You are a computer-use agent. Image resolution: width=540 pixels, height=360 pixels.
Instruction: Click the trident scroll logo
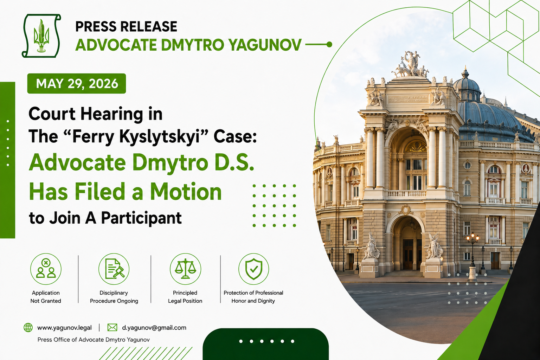(41, 36)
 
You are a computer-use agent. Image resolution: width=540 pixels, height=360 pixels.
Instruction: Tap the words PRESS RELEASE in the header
(126, 26)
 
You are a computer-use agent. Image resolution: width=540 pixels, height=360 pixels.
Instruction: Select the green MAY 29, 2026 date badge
(77, 83)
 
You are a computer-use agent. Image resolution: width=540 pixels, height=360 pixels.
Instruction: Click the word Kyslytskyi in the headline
(160, 137)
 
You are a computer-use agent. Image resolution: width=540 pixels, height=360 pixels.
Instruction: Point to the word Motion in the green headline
(186, 192)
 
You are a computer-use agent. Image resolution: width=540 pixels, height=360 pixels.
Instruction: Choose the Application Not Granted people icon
(46, 269)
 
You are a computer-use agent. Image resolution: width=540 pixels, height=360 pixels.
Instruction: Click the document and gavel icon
(114, 269)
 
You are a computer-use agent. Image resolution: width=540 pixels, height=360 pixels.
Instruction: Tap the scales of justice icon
(185, 269)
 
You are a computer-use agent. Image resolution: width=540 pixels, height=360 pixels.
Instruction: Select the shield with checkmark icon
(253, 269)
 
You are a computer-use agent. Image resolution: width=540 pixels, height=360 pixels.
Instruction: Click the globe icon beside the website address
(28, 328)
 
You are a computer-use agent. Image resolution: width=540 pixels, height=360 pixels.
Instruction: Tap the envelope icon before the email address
(112, 327)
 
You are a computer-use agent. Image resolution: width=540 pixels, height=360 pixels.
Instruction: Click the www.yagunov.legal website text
(64, 328)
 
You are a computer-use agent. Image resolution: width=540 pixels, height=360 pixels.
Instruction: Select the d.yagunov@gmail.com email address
(154, 328)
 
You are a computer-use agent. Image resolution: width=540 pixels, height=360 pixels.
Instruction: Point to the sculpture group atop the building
(410, 65)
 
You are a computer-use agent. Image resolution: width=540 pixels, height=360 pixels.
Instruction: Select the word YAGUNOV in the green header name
(265, 45)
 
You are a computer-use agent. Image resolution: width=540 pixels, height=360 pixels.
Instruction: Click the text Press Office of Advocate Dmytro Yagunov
(94, 340)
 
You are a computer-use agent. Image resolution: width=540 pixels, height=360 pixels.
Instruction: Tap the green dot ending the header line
(329, 44)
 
